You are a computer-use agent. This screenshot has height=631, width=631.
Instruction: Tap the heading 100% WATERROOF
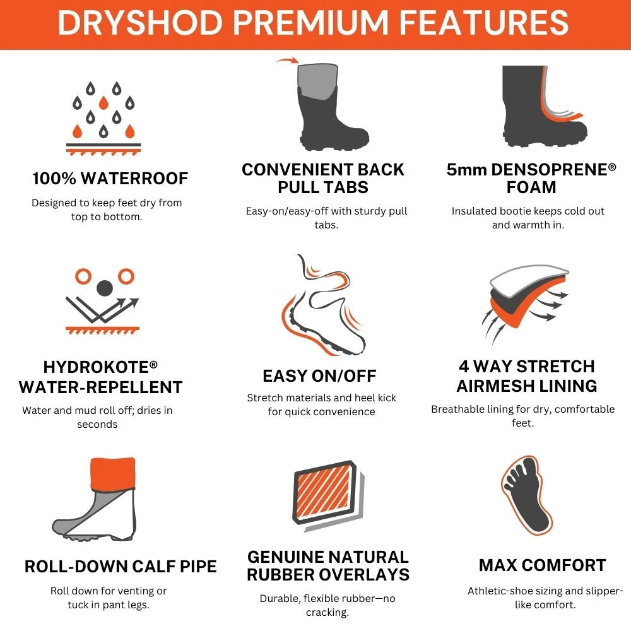tap(110, 179)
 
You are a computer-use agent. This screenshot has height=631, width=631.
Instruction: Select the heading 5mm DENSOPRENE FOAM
tap(531, 179)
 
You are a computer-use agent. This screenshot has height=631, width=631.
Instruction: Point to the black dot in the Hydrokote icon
tap(104, 288)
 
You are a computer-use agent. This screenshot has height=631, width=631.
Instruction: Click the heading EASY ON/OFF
tap(319, 376)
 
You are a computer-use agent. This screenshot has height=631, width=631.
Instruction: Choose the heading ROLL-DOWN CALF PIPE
tap(121, 566)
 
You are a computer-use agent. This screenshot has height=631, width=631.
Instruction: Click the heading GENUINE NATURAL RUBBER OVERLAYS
tap(327, 566)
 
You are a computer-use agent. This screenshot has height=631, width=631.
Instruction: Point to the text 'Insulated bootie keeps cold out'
tap(528, 211)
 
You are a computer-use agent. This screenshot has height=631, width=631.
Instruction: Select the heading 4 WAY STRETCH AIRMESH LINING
tap(527, 376)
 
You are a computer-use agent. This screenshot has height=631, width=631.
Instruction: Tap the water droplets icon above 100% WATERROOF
tap(103, 117)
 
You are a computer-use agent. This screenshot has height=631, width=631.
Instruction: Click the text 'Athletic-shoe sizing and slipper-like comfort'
tap(545, 598)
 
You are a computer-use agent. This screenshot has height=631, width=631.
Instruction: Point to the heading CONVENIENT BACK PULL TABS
tap(323, 179)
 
